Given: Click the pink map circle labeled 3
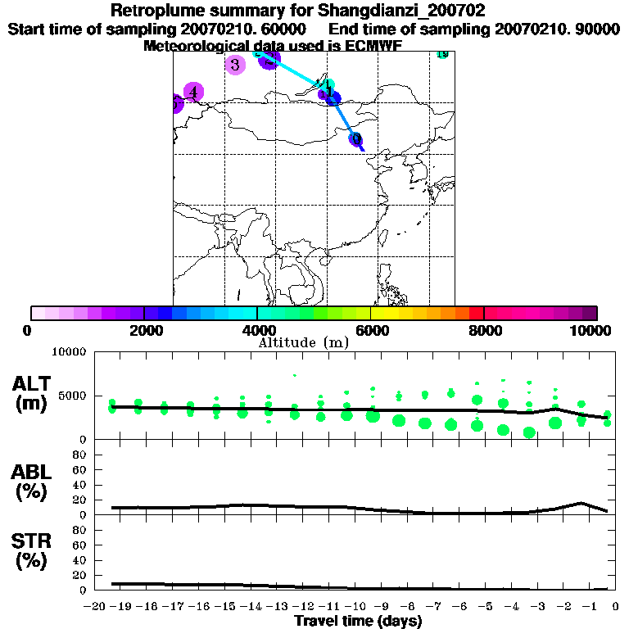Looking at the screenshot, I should (x=235, y=65).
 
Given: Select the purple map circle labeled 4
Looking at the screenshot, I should (x=193, y=92).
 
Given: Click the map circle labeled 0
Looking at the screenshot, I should (x=356, y=138).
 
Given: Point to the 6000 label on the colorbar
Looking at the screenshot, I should (x=370, y=330).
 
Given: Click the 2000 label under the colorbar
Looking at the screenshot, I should (x=143, y=330).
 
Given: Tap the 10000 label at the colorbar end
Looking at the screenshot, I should (x=591, y=330).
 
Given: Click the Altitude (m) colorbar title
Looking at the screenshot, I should (x=303, y=342).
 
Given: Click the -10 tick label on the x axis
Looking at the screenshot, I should (x=356, y=608).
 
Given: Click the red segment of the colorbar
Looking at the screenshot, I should (x=477, y=313).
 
